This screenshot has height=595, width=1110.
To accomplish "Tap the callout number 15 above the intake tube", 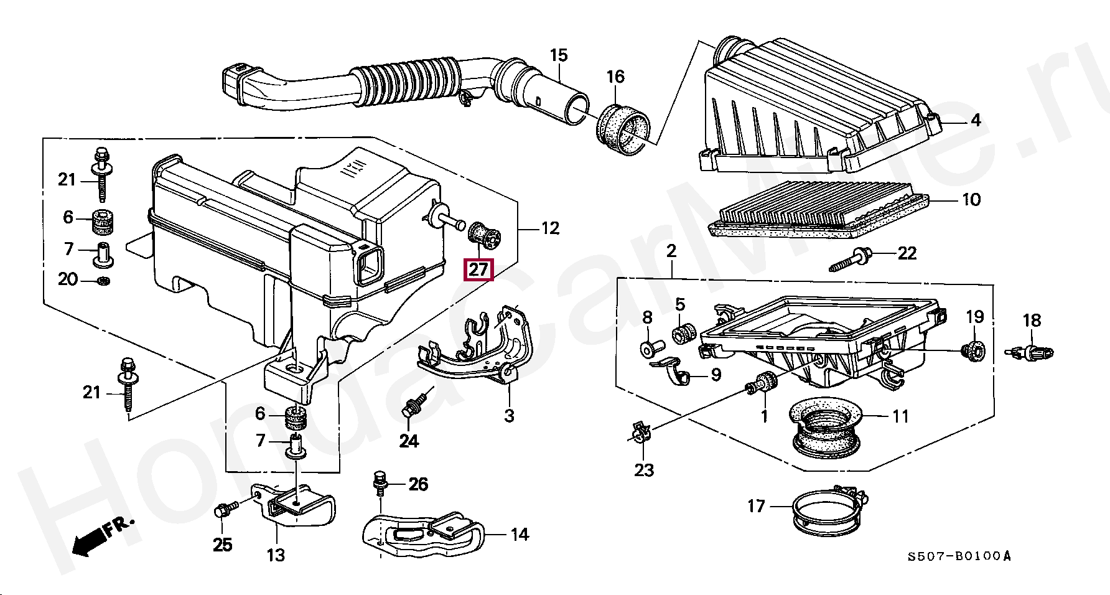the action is coord(559,55).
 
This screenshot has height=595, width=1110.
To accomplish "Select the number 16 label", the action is coord(615,77).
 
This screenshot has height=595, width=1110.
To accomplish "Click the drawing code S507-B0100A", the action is coord(959,555).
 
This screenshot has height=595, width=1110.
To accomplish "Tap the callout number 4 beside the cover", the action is coord(976,119).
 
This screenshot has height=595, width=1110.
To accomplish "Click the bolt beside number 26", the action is coord(379,483).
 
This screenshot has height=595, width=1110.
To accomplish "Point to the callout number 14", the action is coord(520,534).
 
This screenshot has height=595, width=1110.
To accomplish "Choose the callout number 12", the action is coord(550,228).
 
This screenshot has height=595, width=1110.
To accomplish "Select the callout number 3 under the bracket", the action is coord(509,415).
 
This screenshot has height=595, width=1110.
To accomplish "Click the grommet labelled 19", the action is coord(972,351).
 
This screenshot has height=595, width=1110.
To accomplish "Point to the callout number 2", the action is coord(671,251).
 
